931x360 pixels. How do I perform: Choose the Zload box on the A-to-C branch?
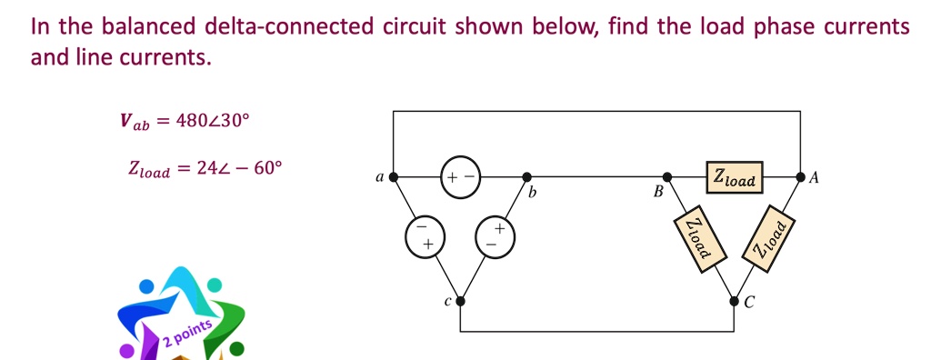pos(769,238)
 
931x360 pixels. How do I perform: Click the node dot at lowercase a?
pos(393,177)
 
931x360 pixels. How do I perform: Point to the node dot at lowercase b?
pos(526,177)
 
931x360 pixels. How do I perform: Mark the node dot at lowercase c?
pos(460,301)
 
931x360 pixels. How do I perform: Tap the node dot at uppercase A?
pos(800,177)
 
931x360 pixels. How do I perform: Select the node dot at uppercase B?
pos(667,177)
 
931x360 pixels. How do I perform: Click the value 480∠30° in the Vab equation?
pos(211,120)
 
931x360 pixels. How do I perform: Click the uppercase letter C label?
pos(749,304)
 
